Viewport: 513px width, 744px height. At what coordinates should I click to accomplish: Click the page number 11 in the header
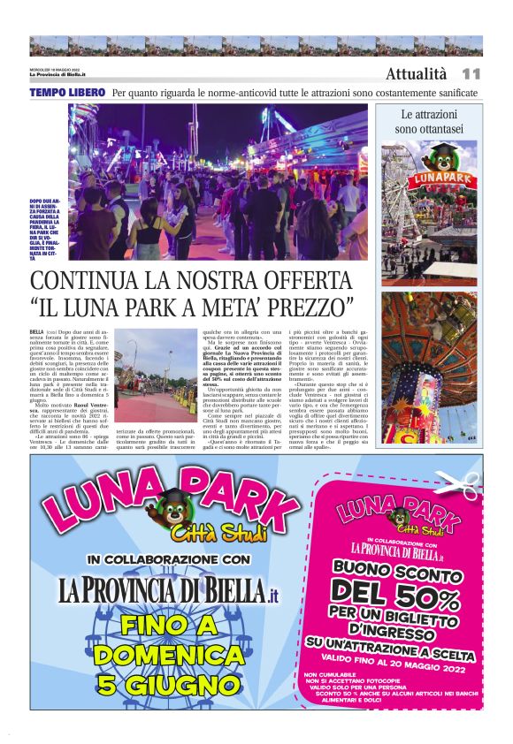(471, 74)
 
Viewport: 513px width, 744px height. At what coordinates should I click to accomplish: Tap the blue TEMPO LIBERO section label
(67, 92)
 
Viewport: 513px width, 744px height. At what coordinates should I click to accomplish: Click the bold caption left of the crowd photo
(46, 231)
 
